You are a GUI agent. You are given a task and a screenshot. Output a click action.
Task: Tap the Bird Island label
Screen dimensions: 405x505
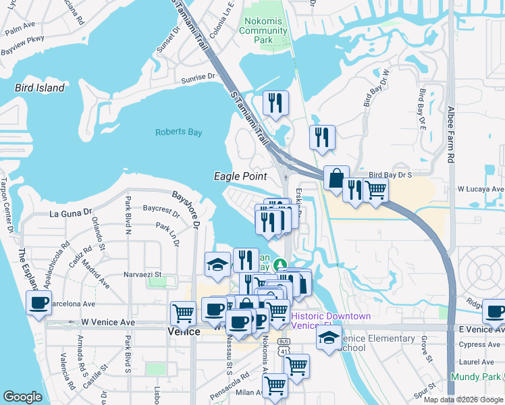click(x=40, y=88)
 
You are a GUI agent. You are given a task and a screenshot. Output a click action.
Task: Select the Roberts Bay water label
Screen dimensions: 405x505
click(x=178, y=132)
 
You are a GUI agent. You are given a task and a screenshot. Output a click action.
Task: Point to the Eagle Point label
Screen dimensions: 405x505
click(x=240, y=176)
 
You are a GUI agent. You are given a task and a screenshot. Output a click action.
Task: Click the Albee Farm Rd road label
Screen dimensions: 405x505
click(x=450, y=134)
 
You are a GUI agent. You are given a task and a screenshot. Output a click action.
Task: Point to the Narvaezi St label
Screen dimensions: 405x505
click(x=142, y=274)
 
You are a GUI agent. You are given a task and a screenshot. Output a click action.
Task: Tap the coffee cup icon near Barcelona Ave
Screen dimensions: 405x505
click(x=38, y=301)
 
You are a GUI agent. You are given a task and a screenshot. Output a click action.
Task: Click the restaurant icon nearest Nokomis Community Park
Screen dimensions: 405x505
click(x=275, y=103)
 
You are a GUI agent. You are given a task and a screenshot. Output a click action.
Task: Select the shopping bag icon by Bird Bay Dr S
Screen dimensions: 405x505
click(x=336, y=178)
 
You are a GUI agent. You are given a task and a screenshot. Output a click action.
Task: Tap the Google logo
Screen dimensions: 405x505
click(x=23, y=397)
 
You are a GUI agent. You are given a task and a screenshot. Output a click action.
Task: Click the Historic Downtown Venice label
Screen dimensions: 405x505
click(x=331, y=321)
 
